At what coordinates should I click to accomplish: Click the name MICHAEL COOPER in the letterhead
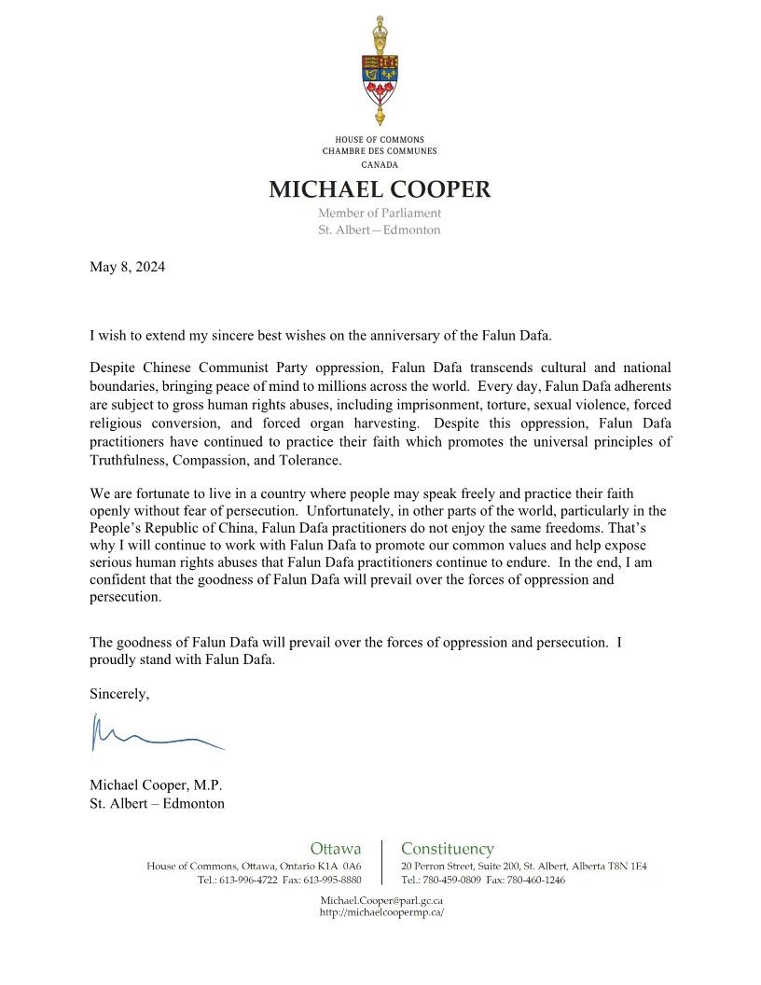[x=380, y=189]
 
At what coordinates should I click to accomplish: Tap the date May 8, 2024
[x=127, y=267]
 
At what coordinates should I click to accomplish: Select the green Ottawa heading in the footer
[x=336, y=849]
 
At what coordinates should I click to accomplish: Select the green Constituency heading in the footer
[x=448, y=849]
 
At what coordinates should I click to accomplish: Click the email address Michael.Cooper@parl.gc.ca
[x=381, y=900]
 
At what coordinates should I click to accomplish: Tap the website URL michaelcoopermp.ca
[x=381, y=912]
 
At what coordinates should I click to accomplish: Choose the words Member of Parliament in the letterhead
[x=380, y=214]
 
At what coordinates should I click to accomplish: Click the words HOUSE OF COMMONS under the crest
[x=380, y=140]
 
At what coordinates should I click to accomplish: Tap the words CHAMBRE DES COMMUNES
[x=380, y=150]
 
